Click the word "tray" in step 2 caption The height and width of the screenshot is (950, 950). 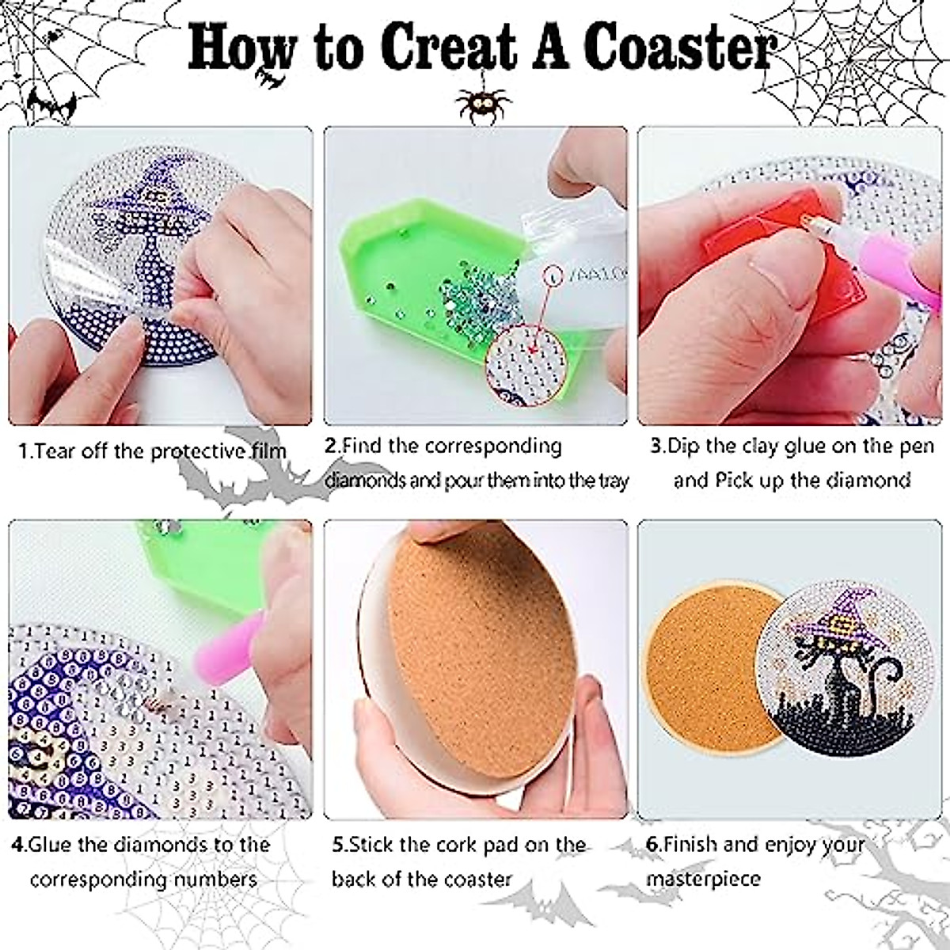click(612, 480)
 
